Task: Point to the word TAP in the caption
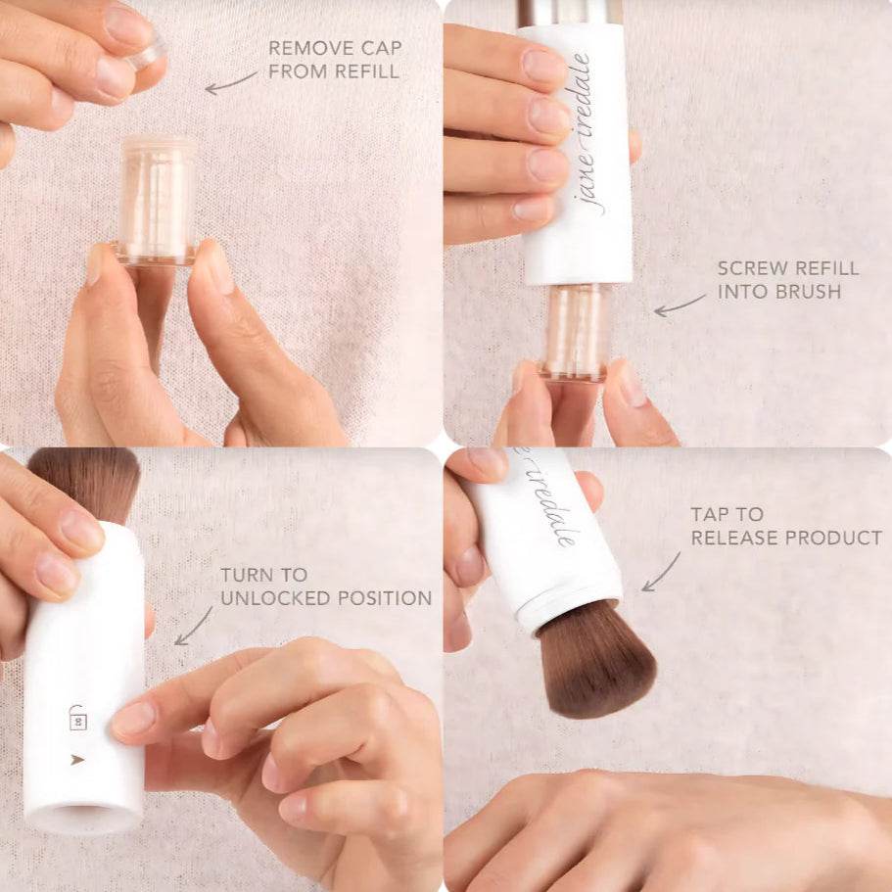coord(712,514)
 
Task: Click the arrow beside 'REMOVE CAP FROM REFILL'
coord(230,83)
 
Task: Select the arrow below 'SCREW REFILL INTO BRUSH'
coord(679,305)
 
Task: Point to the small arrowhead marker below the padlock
coord(77,758)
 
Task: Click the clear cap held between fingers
coord(146,54)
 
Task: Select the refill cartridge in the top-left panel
coord(157,201)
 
